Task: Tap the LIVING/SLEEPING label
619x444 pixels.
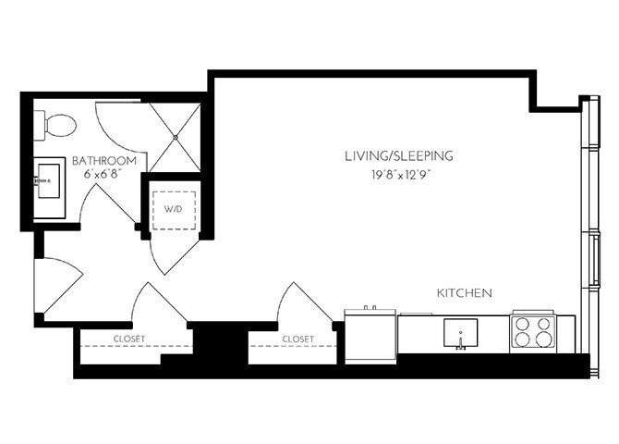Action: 398,155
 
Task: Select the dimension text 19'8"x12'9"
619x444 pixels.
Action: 398,172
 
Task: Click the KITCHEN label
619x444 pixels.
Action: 464,292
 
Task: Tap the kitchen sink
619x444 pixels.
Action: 459,331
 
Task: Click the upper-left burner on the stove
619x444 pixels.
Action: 523,324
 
